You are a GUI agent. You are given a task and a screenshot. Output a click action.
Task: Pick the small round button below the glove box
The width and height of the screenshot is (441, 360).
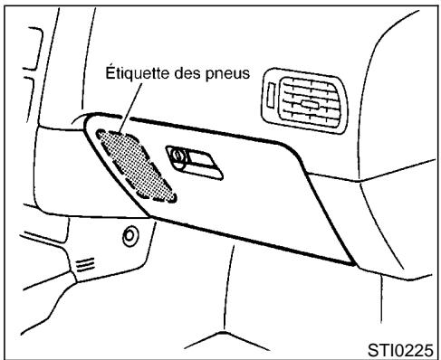pos(129,237)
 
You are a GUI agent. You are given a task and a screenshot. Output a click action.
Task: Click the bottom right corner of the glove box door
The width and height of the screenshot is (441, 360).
pos(351,261)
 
